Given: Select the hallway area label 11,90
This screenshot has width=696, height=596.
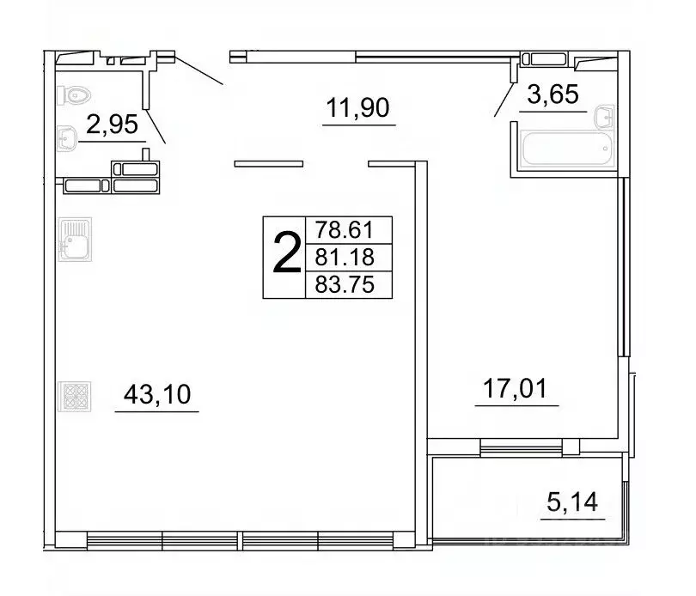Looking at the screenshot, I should pyautogui.click(x=358, y=109).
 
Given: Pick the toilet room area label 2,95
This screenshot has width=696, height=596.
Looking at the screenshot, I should pyautogui.click(x=112, y=126).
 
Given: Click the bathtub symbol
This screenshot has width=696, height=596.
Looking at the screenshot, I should pyautogui.click(x=566, y=149).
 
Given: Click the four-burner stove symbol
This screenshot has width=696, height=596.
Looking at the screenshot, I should pyautogui.click(x=70, y=396).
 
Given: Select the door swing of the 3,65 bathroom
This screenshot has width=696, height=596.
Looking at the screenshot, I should pyautogui.click(x=504, y=100).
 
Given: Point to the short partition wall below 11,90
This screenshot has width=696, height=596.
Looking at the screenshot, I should pyautogui.click(x=269, y=163).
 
